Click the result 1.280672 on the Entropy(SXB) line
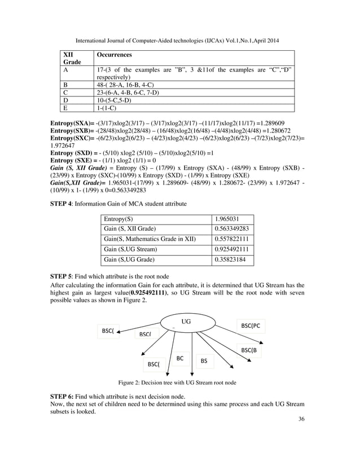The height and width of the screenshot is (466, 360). [x=288, y=130]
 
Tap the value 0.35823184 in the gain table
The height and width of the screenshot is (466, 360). [x=231, y=260]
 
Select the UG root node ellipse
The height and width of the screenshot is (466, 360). [x=186, y=322]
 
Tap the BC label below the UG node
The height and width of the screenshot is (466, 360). [x=180, y=358]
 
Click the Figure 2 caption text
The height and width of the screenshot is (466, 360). [x=180, y=383]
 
